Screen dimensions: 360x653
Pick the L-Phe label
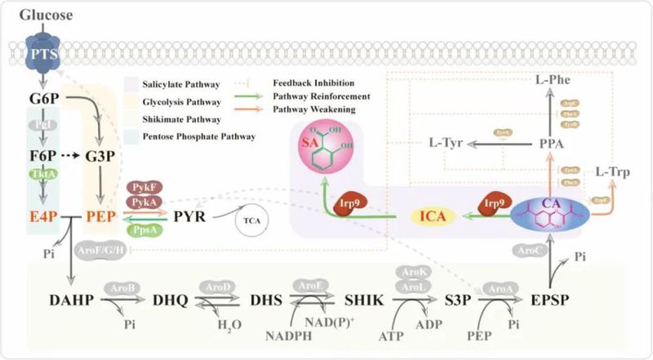coord(553,82)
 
